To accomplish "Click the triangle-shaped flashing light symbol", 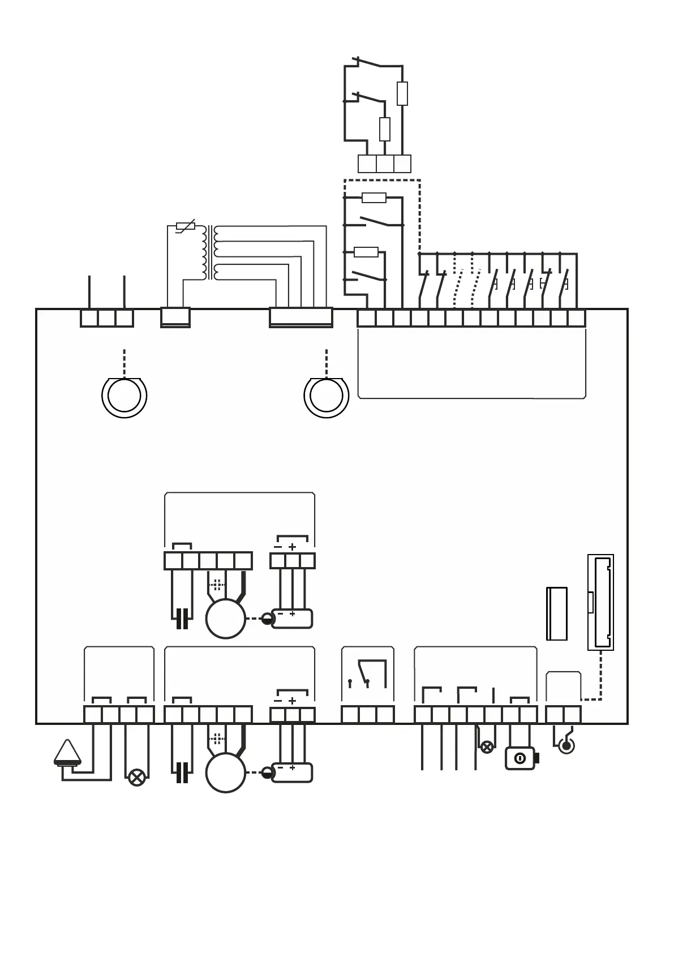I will (67, 753).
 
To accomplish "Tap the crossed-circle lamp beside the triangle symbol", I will (136, 777).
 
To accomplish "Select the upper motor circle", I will (225, 619).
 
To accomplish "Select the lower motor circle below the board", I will (225, 773).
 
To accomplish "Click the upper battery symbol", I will (292, 619).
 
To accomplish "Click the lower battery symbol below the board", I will (292, 772).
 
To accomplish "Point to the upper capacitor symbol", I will (182, 619).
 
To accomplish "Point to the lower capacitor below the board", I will (182, 772).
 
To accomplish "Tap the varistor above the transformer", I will (185, 226).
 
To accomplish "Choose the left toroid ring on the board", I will (124, 396).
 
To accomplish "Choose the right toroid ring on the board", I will (326, 396).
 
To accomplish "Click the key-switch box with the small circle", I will (520, 758).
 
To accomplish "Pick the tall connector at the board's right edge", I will (600, 602).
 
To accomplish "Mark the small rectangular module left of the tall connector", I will (556, 613).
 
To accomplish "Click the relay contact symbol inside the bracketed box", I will (367, 673).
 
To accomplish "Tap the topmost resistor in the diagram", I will (402, 93).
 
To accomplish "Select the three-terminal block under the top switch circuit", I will (384, 164).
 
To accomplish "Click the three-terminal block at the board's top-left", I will (106, 318).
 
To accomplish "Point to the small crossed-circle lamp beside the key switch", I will (487, 747).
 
